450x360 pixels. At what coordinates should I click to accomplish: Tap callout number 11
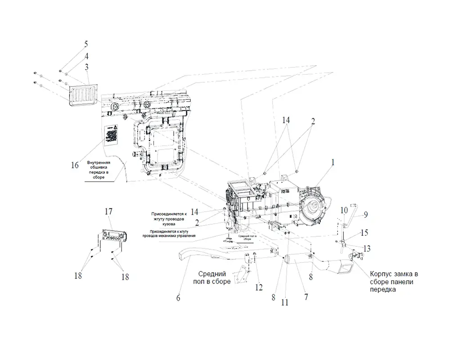tap(284, 302)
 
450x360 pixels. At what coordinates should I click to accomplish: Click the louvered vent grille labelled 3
tap(83, 95)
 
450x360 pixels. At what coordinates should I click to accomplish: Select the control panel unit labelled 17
tap(113, 235)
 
